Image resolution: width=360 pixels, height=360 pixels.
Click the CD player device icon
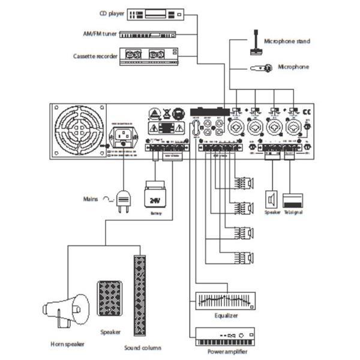pos(157,13)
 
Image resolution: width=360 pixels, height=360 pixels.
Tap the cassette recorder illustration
pos(150,55)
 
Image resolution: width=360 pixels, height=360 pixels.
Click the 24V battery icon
pos(155,197)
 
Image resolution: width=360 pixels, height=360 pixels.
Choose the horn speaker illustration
pos(66,310)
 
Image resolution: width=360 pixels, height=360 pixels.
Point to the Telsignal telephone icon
pos(293,200)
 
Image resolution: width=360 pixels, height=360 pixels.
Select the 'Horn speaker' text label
pos(68,344)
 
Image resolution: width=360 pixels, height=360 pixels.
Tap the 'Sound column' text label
pos(142,347)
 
